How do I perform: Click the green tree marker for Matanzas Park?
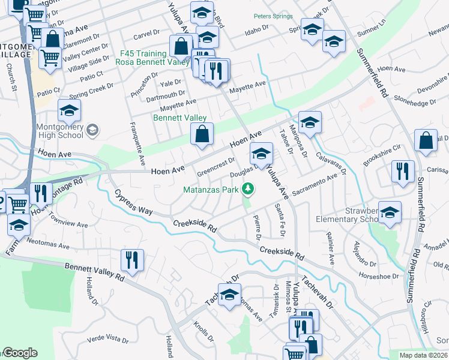coord(247,190)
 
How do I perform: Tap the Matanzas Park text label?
coord(211,191)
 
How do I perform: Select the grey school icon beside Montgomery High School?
coord(92,129)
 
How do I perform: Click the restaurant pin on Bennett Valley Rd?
coord(130,260)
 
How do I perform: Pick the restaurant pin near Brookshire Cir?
coord(402,172)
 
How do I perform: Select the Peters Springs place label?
coord(273,16)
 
